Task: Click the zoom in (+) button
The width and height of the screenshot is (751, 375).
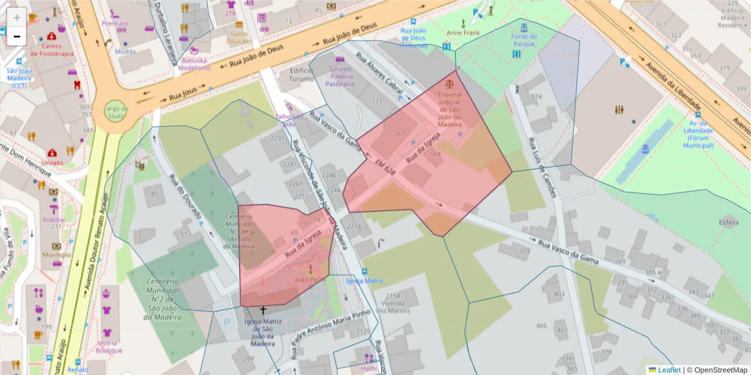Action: coord(17,17)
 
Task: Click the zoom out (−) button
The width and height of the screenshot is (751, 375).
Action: coord(17,37)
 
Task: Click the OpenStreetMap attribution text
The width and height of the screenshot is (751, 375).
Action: coord(717,370)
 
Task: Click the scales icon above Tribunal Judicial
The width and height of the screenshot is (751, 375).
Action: coord(449,82)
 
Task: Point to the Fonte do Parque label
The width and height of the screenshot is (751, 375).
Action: coord(523,41)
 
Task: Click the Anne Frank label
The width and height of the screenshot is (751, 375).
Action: coord(462,32)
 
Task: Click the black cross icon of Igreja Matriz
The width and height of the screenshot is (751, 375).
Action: coord(263,310)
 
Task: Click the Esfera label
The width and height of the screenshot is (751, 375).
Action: coord(728,222)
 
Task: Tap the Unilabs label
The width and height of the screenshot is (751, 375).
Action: coord(53,162)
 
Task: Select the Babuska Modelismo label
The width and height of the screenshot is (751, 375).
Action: coord(194,64)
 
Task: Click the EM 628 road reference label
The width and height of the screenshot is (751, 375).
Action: coord(386,166)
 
